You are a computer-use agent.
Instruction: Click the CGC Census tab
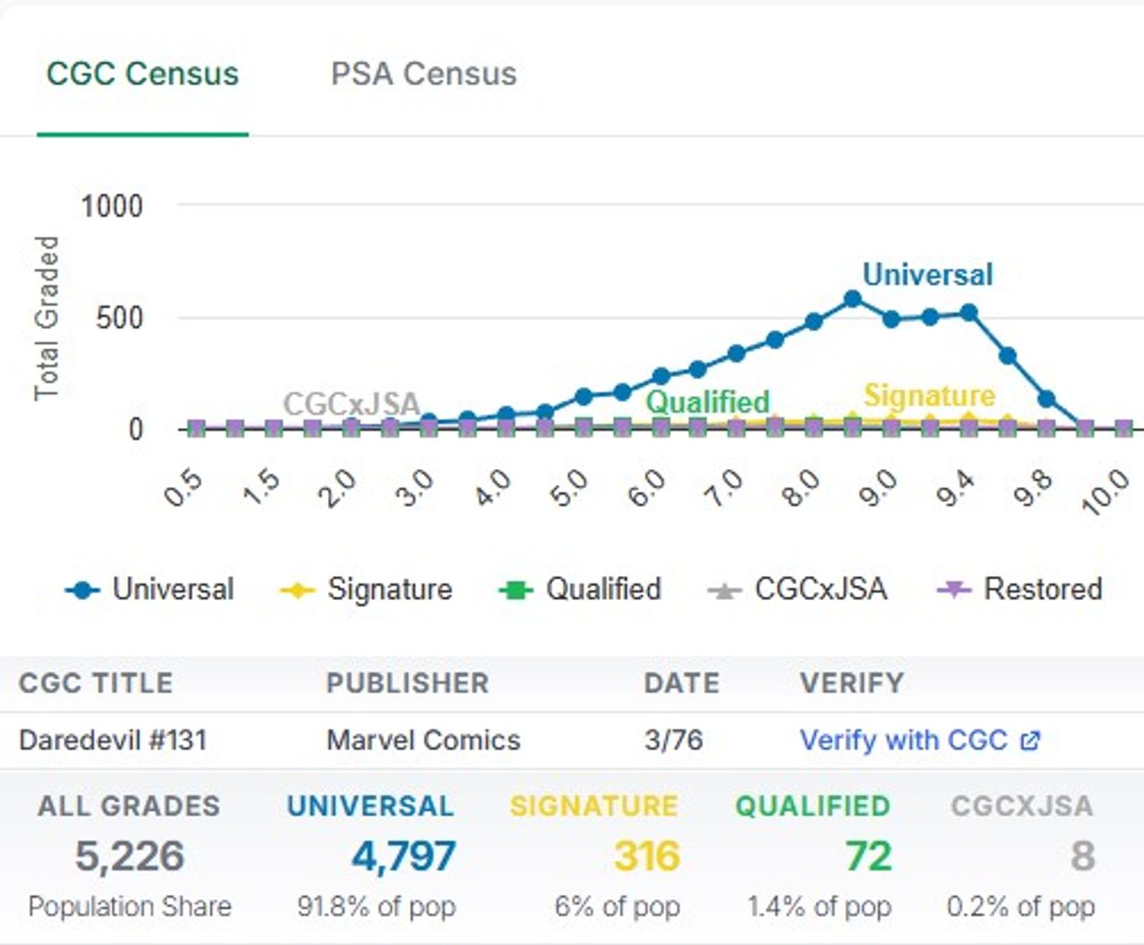[x=142, y=74]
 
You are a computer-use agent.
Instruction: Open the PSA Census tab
[x=424, y=74]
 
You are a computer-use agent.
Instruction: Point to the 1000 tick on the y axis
[x=112, y=206]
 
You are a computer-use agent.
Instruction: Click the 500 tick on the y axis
[x=119, y=318]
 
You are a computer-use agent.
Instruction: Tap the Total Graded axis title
[x=46, y=318]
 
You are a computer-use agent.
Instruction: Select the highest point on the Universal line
[x=853, y=299]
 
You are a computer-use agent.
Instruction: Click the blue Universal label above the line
[x=927, y=274]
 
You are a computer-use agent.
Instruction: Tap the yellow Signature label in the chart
[x=929, y=395]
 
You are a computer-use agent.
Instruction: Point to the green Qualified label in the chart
[x=707, y=401]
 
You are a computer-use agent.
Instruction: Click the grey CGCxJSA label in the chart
[x=351, y=404]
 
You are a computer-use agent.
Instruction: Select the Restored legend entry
[x=1021, y=590]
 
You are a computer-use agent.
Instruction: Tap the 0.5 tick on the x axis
[x=184, y=488]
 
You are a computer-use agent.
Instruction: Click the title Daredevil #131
[x=113, y=740]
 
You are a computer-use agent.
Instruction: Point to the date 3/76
[x=673, y=740]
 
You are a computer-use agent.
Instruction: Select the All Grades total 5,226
[x=130, y=856]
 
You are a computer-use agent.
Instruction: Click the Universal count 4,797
[x=403, y=856]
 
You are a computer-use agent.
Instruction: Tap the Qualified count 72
[x=868, y=856]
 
